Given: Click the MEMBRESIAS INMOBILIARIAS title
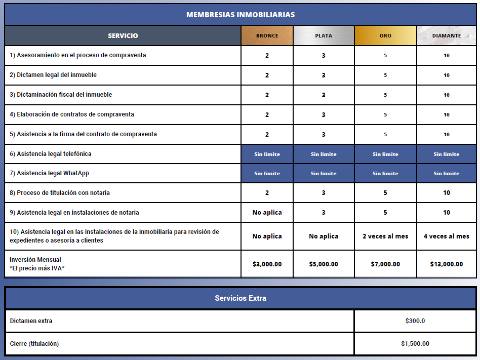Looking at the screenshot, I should coord(240,15).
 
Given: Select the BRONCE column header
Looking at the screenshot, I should coord(267,36).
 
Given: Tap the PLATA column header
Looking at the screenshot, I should coord(324,36).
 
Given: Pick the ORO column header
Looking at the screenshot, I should coord(385,36).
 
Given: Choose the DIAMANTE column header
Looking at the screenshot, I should coord(447,36).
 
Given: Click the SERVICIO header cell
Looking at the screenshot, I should coord(123,36).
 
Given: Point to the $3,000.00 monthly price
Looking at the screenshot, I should coord(267,264).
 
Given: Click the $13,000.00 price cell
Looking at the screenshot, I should coord(447,264).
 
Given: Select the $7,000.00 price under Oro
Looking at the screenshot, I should coord(385,264).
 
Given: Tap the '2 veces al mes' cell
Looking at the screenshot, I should coord(385,236).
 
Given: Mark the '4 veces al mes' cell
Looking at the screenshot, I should coord(447,236).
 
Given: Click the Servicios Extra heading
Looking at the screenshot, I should coord(240,298).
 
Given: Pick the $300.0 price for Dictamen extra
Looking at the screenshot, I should coord(415,321).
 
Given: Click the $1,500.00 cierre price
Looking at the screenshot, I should coord(415,344).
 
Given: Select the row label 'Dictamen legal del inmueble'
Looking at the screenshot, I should coord(53,75).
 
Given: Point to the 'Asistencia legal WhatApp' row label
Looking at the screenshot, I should coord(49,173).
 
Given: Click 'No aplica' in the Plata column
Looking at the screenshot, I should coord(324,236).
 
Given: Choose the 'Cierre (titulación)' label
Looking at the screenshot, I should coord(34,344).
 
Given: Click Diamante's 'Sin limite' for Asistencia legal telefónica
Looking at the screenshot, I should coord(447,154).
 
